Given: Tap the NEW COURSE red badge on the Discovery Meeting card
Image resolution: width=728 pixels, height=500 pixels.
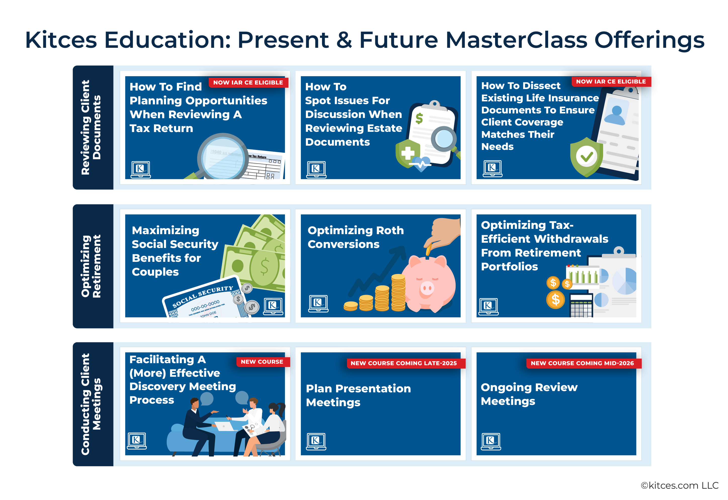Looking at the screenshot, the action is pyautogui.click(x=263, y=362).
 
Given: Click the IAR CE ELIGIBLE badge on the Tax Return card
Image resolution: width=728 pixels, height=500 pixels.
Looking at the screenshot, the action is pyautogui.click(x=248, y=82).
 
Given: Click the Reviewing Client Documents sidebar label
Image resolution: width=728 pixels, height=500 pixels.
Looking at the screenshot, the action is pyautogui.click(x=91, y=127).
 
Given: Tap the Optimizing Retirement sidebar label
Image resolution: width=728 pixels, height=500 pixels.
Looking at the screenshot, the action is pyautogui.click(x=91, y=266).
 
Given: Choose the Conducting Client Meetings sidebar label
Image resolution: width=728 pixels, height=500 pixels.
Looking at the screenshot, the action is pyautogui.click(x=91, y=404).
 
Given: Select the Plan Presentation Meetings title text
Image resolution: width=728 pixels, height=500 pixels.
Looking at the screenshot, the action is pyautogui.click(x=358, y=395).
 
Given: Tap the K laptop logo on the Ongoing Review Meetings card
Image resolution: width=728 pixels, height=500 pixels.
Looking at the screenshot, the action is pyautogui.click(x=491, y=441).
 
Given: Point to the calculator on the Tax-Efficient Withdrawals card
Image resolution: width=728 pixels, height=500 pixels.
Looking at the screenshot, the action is pyautogui.click(x=581, y=305).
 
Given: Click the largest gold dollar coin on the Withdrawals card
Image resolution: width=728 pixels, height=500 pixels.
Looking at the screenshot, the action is pyautogui.click(x=555, y=300).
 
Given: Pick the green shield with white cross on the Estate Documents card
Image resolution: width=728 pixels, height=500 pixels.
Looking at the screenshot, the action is pyautogui.click(x=408, y=153).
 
